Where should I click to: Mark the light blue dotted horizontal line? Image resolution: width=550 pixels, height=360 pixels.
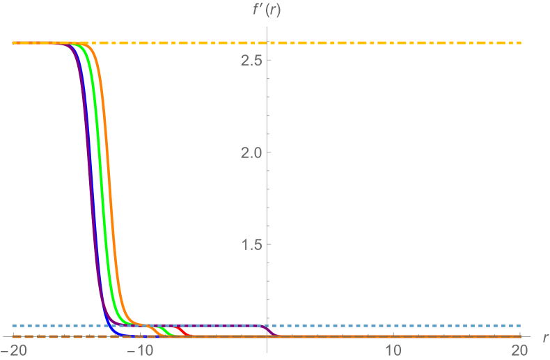[x=390, y=325]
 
